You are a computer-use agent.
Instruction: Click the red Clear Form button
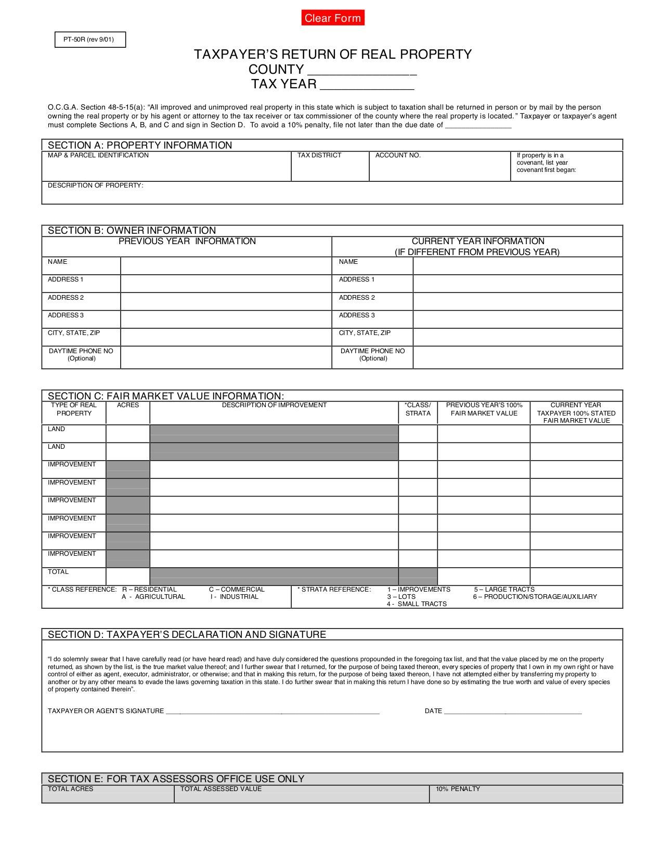333,18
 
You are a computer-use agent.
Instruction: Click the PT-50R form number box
90,39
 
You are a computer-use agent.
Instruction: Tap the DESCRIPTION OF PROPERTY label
95,185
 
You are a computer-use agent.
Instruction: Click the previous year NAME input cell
226,266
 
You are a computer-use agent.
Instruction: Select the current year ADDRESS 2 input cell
517,301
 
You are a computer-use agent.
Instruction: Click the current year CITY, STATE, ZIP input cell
517,337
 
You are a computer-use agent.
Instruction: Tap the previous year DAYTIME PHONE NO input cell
226,357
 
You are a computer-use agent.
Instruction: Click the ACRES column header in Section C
128,405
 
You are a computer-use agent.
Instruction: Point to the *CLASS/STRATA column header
418,409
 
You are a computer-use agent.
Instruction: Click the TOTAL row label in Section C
58,572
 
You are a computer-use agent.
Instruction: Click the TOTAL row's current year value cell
576,576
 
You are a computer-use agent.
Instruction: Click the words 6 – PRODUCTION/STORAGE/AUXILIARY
535,597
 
